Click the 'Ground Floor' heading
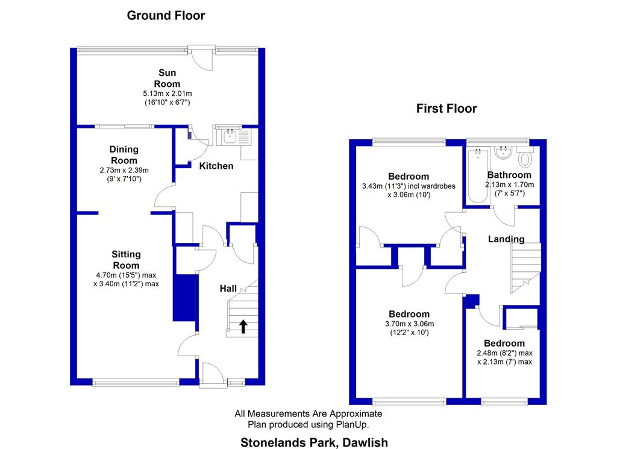(x=166, y=16)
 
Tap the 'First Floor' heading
(x=446, y=108)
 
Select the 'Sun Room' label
(x=167, y=78)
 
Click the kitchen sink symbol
(x=230, y=137)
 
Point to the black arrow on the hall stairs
(x=243, y=327)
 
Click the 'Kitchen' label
(x=216, y=166)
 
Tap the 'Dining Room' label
(x=124, y=155)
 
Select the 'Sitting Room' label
(x=127, y=260)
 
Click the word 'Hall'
(x=228, y=289)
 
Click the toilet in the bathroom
(x=525, y=159)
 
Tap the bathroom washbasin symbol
(x=501, y=152)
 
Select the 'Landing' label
(x=506, y=239)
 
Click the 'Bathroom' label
(x=509, y=175)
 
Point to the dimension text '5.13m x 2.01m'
(x=167, y=93)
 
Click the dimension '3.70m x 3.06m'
(x=409, y=324)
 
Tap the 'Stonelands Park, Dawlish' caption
(x=314, y=442)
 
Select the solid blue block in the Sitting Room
(x=185, y=298)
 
